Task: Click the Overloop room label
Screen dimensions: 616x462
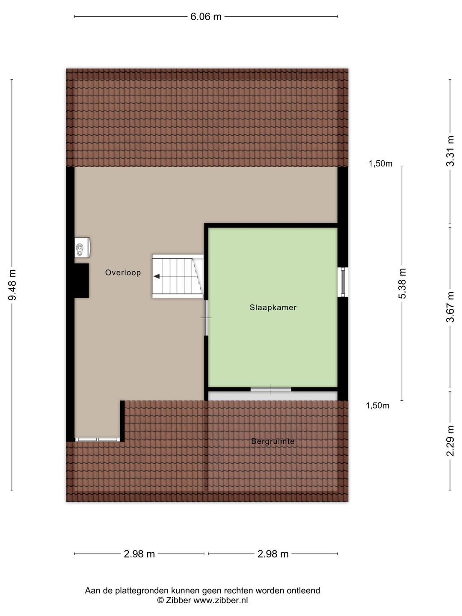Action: coord(123,273)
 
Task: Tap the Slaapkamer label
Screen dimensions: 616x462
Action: coord(273,308)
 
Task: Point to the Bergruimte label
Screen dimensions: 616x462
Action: coord(273,441)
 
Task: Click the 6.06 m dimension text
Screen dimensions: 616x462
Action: coord(206,17)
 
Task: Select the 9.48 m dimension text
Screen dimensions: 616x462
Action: coord(12,284)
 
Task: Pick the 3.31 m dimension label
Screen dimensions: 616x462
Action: coord(450,151)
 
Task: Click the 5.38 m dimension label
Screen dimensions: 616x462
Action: coord(402,284)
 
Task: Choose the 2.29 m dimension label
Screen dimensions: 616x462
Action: coord(450,441)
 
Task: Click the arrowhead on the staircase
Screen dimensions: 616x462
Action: coord(157,276)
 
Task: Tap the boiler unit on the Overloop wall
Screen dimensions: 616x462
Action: coord(82,247)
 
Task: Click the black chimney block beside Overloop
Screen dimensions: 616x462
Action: coord(81,281)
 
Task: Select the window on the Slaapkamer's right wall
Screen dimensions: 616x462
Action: coord(343,282)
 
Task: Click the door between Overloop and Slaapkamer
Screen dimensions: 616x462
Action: coord(206,318)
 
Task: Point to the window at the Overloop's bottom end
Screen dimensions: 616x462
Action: coord(98,439)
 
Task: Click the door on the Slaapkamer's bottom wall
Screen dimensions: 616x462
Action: coord(271,389)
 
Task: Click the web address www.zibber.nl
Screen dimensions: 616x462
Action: coord(221,601)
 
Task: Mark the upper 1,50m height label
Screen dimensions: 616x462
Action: coord(380,163)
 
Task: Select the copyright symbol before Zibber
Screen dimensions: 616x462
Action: coord(160,601)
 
